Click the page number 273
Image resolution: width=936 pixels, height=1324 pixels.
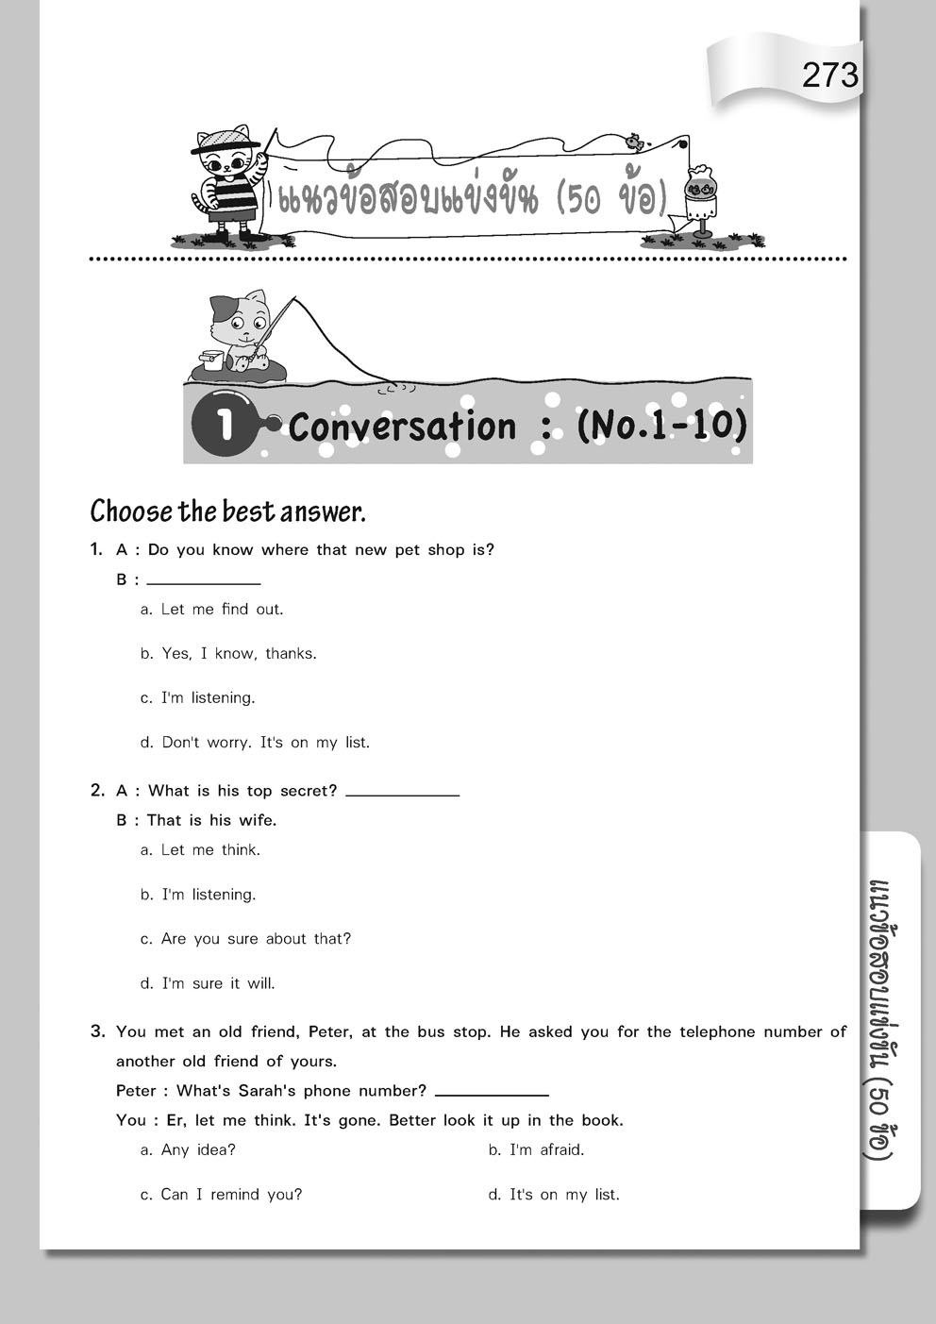click(x=830, y=75)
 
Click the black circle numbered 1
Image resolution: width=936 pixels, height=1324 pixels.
click(x=224, y=424)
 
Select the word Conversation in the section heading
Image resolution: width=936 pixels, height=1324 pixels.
click(x=402, y=427)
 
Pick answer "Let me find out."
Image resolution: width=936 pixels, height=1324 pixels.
click(x=222, y=610)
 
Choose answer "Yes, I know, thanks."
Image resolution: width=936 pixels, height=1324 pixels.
click(x=239, y=654)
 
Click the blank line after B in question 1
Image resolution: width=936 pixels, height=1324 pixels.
click(x=204, y=579)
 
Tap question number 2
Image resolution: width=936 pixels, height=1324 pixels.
click(x=97, y=791)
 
